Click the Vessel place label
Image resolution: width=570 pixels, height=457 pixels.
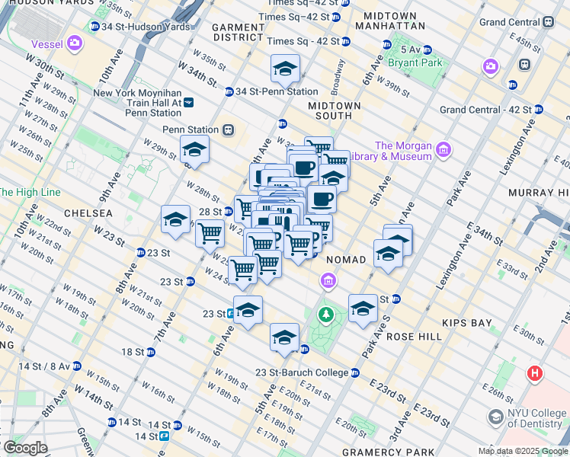click(x=42, y=43)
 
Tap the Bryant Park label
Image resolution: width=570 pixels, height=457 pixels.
click(x=415, y=62)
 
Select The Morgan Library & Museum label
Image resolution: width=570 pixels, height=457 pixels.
click(x=403, y=151)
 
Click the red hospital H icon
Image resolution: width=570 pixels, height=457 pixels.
click(x=535, y=374)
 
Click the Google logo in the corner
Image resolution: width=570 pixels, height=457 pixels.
click(x=25, y=448)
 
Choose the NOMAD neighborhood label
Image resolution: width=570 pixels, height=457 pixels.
click(x=347, y=260)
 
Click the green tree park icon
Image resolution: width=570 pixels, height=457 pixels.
click(x=326, y=314)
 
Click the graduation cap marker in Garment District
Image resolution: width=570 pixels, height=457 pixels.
click(x=284, y=69)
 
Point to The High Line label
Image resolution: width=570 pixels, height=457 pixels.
click(x=29, y=192)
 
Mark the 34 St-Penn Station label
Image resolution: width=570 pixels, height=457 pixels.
click(x=269, y=92)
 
